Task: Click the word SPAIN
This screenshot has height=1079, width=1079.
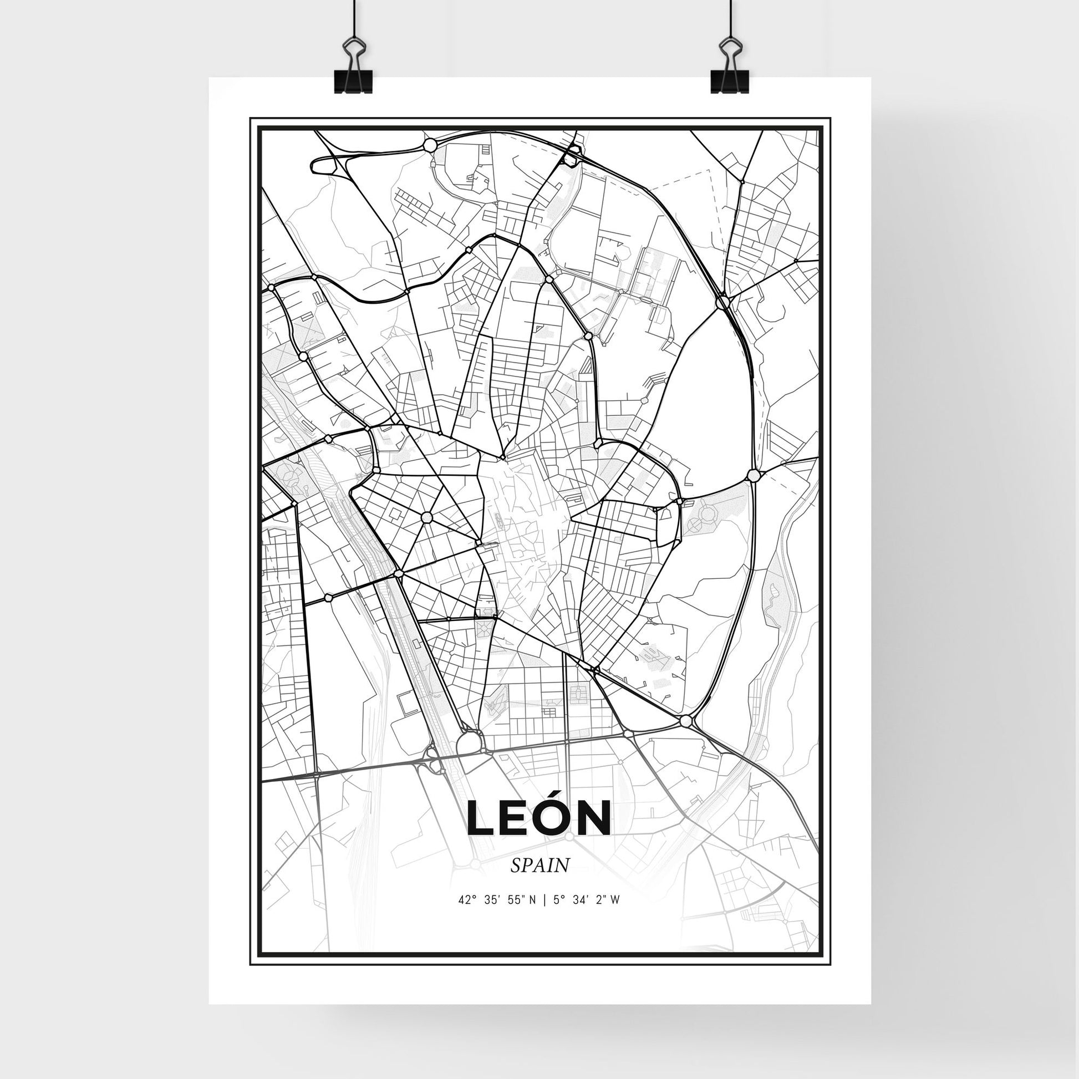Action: (539, 880)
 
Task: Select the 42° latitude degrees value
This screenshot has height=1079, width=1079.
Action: (467, 915)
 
